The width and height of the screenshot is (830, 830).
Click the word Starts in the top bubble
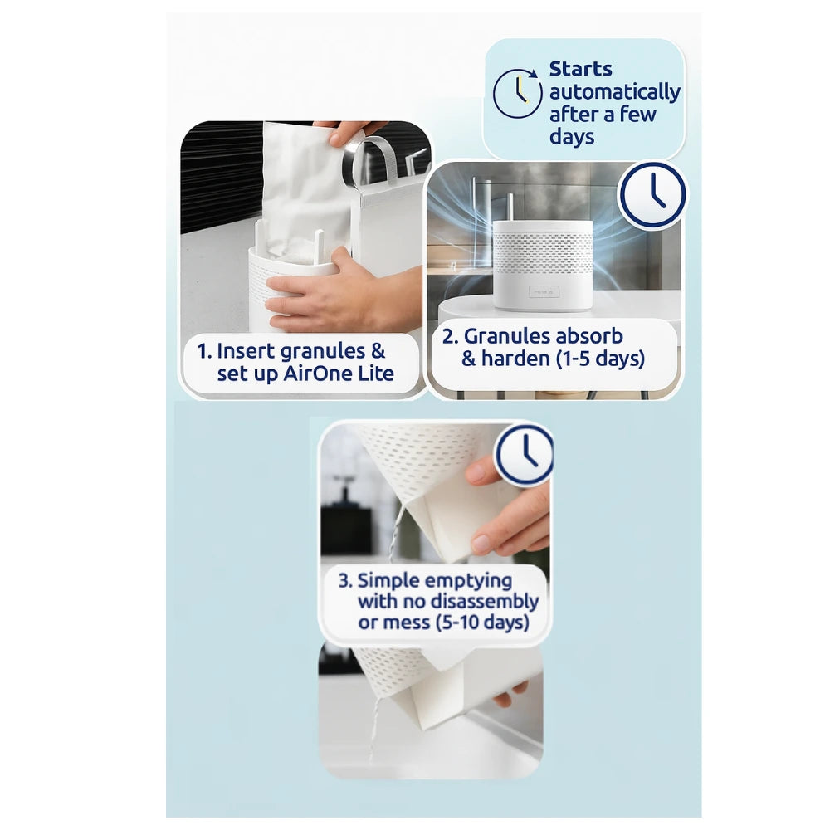tap(581, 69)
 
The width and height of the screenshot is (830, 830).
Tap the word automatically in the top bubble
tap(615, 92)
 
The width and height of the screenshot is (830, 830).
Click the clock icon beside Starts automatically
tap(518, 93)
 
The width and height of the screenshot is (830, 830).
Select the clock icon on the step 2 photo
tap(653, 194)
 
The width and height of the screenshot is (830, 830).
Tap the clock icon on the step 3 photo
tap(525, 454)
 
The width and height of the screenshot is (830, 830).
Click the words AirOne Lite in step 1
tap(339, 374)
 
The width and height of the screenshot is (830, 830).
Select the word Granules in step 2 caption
tap(508, 336)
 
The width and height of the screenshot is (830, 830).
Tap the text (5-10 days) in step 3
tap(481, 622)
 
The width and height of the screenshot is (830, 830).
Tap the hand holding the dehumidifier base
tap(332, 295)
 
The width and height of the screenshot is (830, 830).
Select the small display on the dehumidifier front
tap(543, 291)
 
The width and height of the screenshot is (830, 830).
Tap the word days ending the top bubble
tap(572, 137)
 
